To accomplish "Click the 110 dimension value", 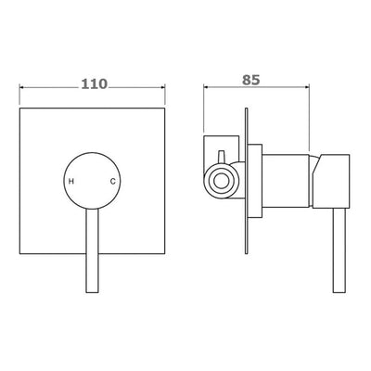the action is click(x=95, y=83).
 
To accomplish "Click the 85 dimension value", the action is click(x=251, y=80).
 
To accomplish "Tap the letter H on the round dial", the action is click(x=71, y=182).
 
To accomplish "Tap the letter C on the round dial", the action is click(x=113, y=182).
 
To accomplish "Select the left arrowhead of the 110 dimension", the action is click(x=22, y=87).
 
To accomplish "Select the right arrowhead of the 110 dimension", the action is click(x=162, y=87).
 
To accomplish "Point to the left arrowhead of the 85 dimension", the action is click(x=206, y=87).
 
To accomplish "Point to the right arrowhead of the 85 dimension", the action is click(x=306, y=87).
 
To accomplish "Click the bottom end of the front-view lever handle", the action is click(x=92, y=292).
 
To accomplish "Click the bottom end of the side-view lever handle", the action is click(x=339, y=292).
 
